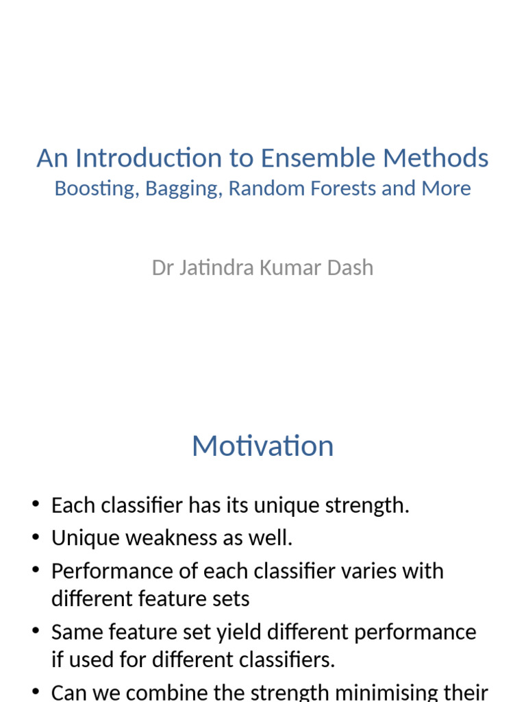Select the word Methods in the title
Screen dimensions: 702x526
[x=436, y=158]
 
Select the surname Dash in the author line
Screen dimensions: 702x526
[x=351, y=267]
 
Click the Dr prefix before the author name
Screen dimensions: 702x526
[x=162, y=267]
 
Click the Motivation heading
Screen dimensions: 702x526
[x=263, y=446]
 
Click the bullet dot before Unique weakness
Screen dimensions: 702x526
[x=36, y=538]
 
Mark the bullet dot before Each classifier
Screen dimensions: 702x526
[x=36, y=505]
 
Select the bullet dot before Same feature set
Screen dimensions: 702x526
[x=36, y=631]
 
